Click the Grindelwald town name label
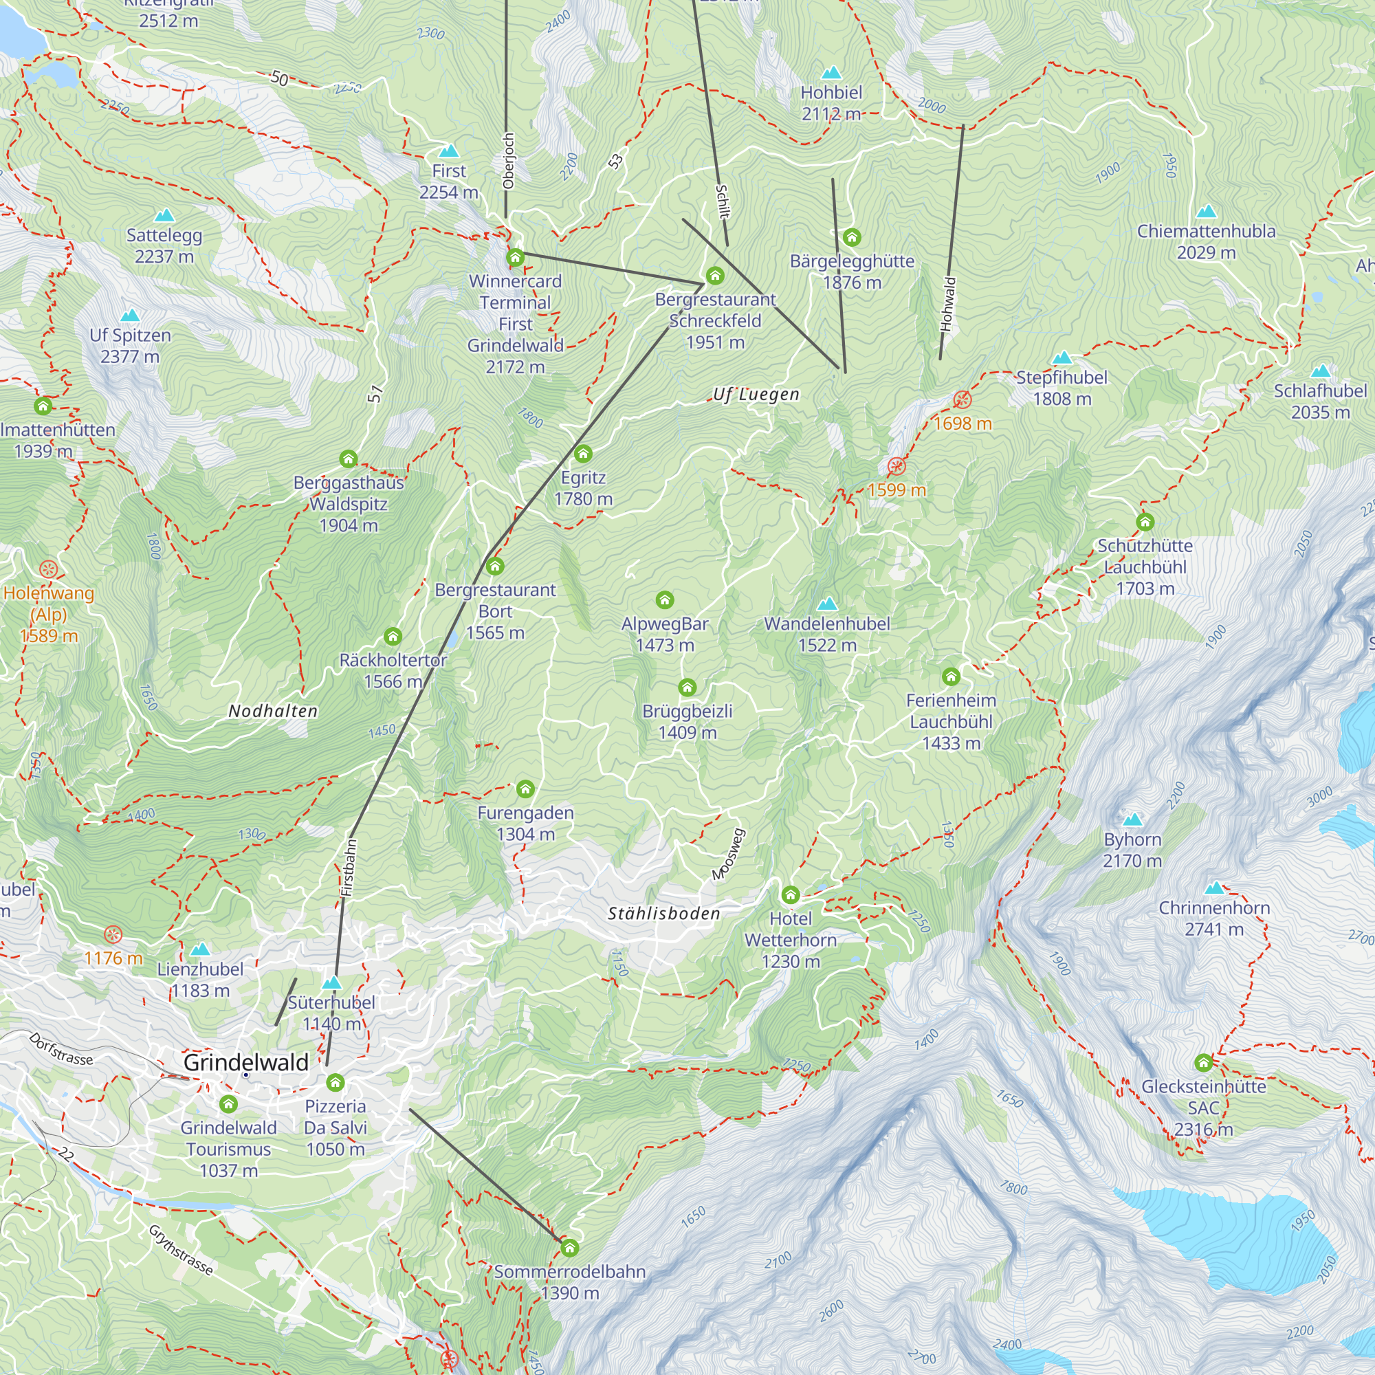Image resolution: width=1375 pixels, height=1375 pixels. [x=245, y=1062]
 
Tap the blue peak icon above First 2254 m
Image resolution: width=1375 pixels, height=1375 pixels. [x=448, y=151]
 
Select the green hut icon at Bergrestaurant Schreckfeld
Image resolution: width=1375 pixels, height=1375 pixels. [x=714, y=276]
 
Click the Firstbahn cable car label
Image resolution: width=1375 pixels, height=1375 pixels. [x=348, y=868]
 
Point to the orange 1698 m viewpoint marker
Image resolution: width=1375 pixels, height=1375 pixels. [x=962, y=399]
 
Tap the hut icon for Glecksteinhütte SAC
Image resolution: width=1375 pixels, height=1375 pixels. [x=1204, y=1063]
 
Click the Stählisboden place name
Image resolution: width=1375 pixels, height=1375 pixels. [x=664, y=914]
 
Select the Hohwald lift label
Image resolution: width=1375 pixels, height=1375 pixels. [x=947, y=304]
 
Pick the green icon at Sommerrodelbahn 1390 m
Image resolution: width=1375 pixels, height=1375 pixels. [x=569, y=1248]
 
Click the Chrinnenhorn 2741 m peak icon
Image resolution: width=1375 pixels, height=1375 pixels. [x=1215, y=888]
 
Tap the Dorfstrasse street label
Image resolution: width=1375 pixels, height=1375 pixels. [x=61, y=1048]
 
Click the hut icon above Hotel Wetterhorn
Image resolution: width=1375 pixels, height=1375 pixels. [x=790, y=894]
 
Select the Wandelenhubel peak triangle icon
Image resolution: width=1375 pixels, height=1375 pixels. [x=826, y=604]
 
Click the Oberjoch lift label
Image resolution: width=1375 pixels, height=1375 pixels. [x=508, y=161]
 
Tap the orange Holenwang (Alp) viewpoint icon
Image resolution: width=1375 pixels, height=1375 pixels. [x=48, y=569]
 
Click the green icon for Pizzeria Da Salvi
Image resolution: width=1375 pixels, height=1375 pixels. [x=335, y=1083]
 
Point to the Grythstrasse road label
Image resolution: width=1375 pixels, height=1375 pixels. [x=181, y=1250]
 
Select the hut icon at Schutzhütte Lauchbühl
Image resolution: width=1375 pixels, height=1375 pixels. [x=1145, y=522]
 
